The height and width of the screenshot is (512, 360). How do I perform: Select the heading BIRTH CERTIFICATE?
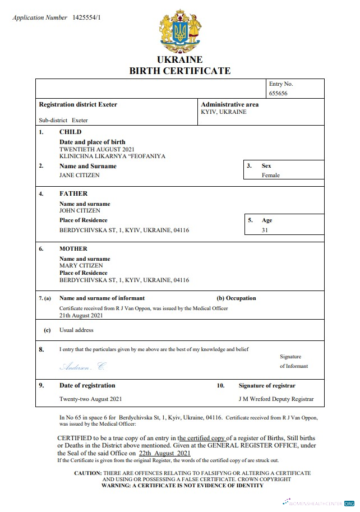coord(180,71)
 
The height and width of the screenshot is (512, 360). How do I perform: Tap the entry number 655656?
coord(278,94)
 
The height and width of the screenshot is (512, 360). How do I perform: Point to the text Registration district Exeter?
coord(78,104)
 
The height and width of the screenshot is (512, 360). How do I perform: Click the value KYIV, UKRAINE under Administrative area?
coord(223,112)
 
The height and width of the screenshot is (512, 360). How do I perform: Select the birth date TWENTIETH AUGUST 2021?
coord(97,150)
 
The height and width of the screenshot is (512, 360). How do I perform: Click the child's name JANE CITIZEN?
coord(80,175)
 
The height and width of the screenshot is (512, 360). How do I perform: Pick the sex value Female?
coord(271,175)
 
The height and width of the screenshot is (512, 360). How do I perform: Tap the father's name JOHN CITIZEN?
coord(80,210)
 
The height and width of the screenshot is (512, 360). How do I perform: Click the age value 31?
coord(265,230)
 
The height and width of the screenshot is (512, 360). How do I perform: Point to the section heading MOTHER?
coord(73,248)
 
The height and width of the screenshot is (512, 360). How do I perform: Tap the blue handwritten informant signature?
coord(82,366)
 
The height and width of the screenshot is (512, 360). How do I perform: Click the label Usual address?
coord(76,330)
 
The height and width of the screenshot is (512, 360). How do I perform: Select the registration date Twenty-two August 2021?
coord(90,399)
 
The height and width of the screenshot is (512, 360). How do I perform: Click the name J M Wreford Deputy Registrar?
coord(276,399)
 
